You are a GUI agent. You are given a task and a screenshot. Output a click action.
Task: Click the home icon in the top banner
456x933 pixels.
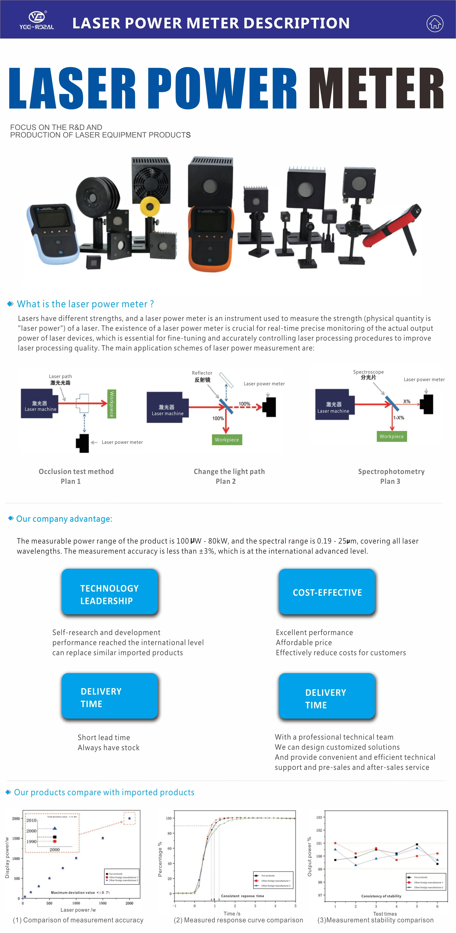coord(435,24)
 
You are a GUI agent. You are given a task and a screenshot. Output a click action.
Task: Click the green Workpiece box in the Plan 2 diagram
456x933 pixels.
coord(227,440)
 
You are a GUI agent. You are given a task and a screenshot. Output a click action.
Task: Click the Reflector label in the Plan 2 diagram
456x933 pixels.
coord(202,373)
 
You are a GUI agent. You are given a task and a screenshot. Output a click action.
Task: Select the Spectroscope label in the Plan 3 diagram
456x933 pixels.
coord(368,372)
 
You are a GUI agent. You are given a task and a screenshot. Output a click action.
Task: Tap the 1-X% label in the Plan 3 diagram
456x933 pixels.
coord(399,418)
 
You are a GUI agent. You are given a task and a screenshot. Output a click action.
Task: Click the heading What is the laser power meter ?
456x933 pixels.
coord(85,304)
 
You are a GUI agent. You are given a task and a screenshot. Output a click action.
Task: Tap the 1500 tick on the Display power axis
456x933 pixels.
coord(16,838)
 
